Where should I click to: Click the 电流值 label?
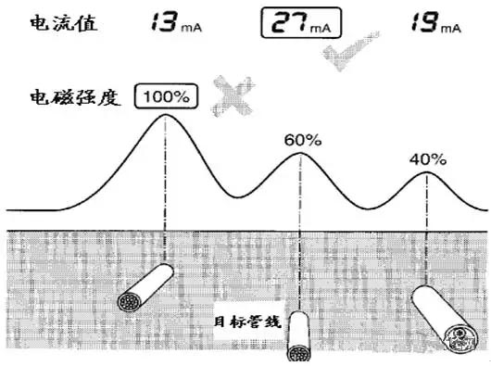[64, 23]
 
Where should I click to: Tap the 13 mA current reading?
[176, 22]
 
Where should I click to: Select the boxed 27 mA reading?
[301, 22]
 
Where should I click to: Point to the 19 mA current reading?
[436, 22]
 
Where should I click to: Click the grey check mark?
[349, 50]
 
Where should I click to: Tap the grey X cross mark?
[233, 96]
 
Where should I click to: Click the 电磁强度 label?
[75, 97]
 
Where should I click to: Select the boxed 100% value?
[166, 96]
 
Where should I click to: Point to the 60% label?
[303, 140]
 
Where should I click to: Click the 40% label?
[428, 159]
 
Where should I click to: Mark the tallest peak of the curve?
[165, 115]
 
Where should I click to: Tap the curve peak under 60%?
[300, 153]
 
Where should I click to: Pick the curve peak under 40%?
[426, 172]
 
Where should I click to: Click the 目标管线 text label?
[247, 322]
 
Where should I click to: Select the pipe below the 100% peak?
[145, 287]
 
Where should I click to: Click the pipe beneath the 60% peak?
[298, 336]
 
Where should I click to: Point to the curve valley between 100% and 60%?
[237, 197]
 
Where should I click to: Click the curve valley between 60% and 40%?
[370, 208]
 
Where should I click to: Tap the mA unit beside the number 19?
[451, 29]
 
